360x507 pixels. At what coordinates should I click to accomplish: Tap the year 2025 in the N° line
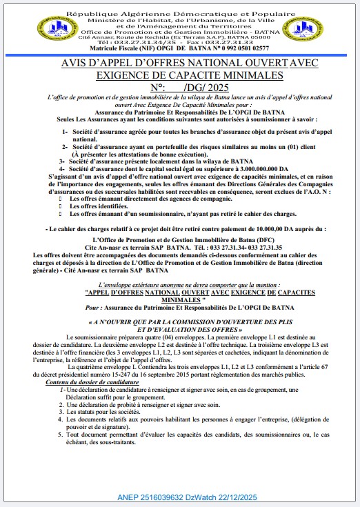(217, 88)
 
